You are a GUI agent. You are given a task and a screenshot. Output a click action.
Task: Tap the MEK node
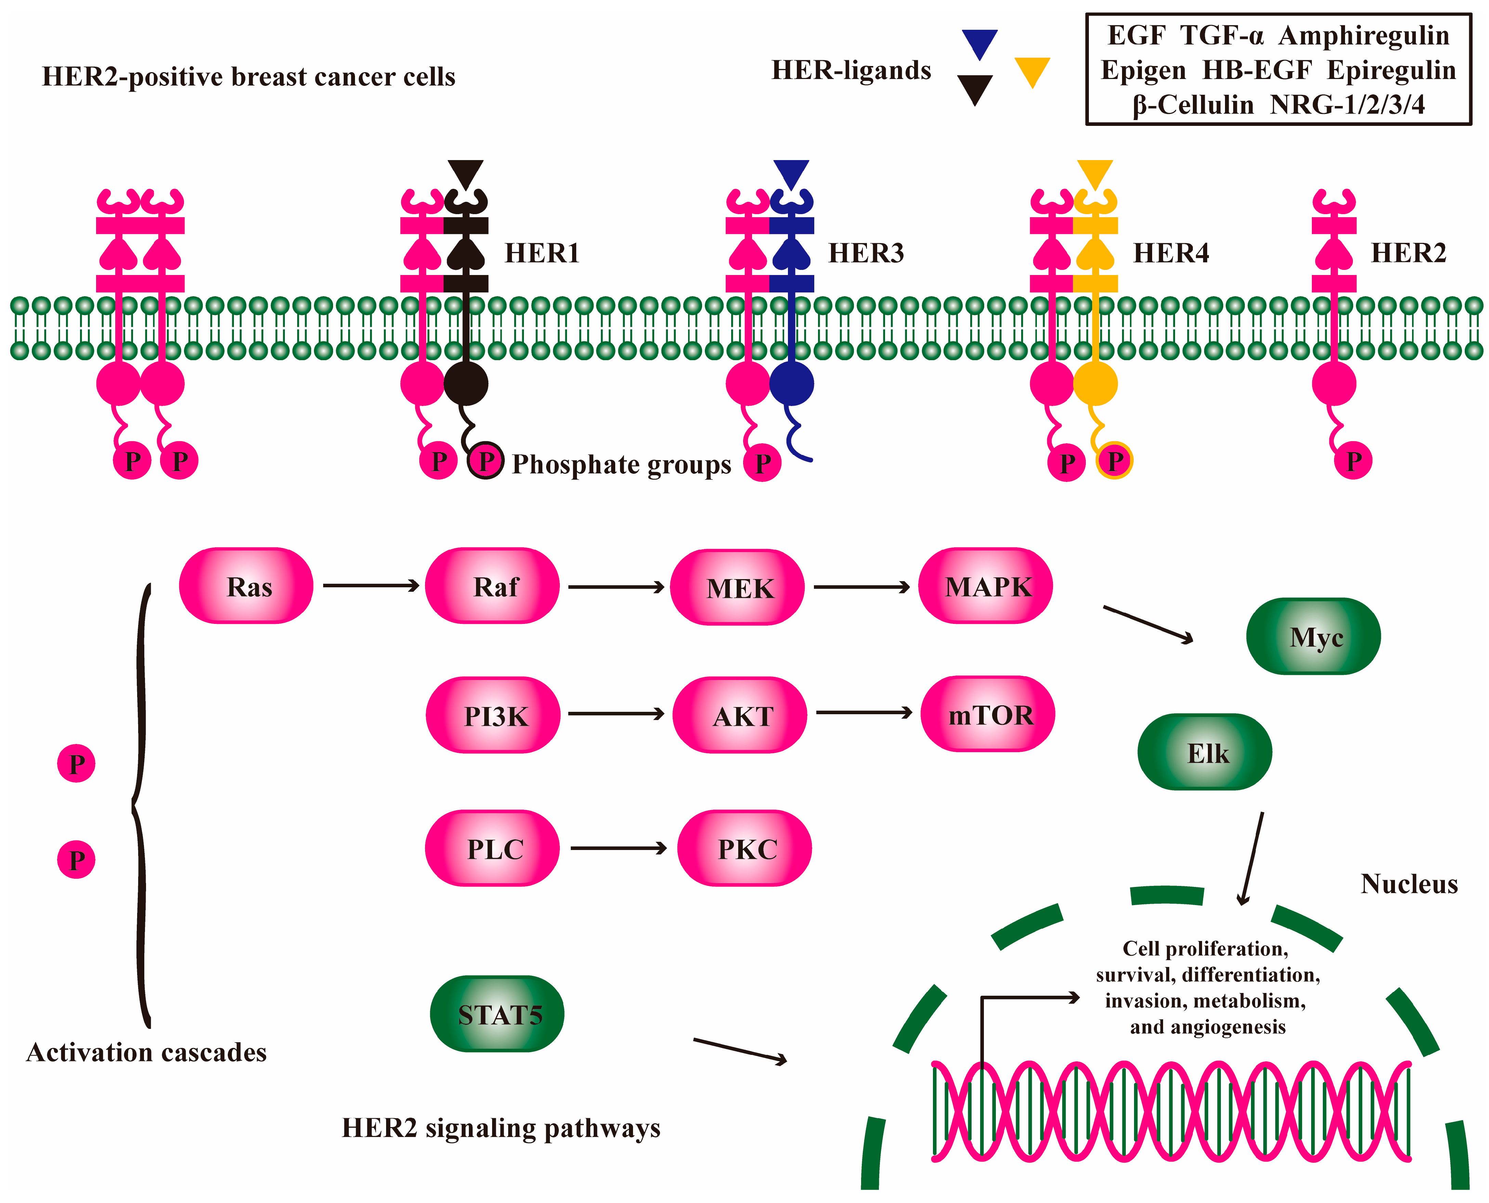point(738,588)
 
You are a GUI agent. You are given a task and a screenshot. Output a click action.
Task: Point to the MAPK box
point(986,586)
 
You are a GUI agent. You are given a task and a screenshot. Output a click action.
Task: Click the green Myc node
point(1314,636)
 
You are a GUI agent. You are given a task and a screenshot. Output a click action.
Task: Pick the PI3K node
point(493,715)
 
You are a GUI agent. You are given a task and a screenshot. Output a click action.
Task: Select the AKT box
point(740,715)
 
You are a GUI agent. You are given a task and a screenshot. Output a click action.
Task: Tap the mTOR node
point(988,714)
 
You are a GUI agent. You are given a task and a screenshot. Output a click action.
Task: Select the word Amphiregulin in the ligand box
point(1363,35)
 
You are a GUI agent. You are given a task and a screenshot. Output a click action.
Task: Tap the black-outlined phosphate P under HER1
point(486,461)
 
